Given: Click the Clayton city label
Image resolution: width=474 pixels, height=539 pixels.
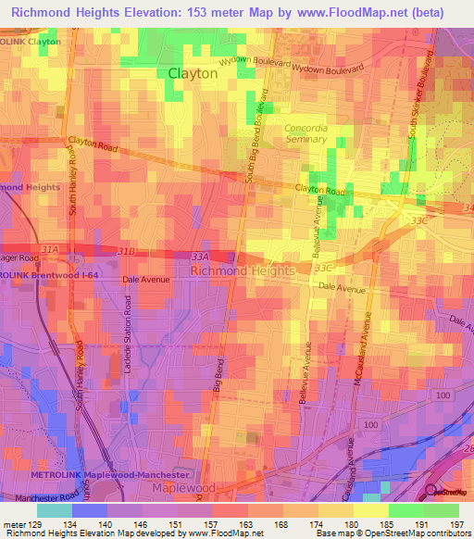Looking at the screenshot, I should (193, 73).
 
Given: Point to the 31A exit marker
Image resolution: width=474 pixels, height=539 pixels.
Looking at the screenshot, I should (49, 250).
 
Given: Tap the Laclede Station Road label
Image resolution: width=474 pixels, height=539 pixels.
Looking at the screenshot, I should (129, 337).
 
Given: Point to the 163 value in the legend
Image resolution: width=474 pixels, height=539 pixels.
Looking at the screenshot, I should (247, 524).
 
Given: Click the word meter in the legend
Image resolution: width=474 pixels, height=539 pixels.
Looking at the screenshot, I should (13, 524).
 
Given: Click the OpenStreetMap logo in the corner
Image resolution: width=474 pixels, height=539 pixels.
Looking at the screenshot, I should (448, 491).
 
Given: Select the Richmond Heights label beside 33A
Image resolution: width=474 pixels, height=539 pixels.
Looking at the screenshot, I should (242, 270).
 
